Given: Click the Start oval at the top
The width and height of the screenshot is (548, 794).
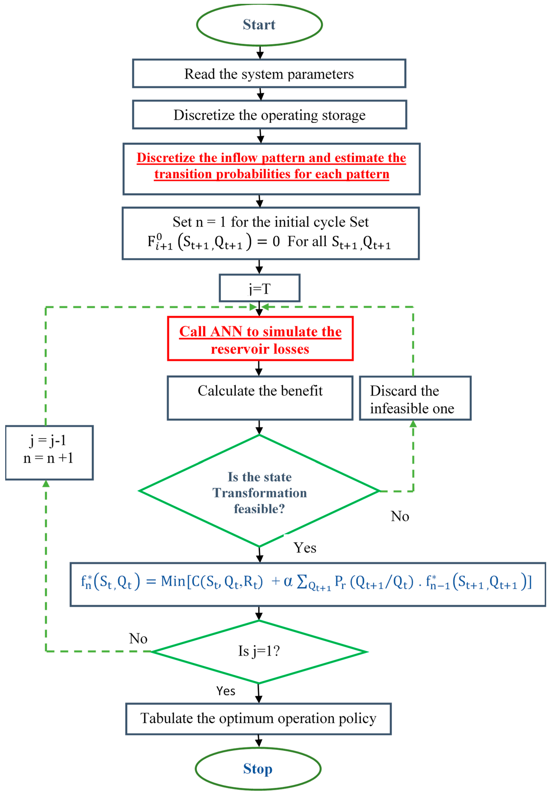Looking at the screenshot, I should pyautogui.click(x=259, y=25).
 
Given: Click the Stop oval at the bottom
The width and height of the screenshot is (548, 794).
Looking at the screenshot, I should pyautogui.click(x=258, y=769).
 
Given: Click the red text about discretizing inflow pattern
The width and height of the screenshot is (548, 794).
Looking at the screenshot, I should pyautogui.click(x=271, y=166).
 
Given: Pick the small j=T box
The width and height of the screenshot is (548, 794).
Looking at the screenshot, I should pyautogui.click(x=260, y=288).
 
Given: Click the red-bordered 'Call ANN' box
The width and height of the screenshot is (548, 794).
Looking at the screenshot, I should pyautogui.click(x=260, y=339).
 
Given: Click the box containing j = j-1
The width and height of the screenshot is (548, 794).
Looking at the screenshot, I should pyautogui.click(x=49, y=452).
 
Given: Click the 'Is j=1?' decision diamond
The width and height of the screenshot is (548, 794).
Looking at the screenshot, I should pyautogui.click(x=259, y=651).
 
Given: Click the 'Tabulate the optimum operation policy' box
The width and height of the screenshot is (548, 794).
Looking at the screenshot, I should pyautogui.click(x=258, y=718).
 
